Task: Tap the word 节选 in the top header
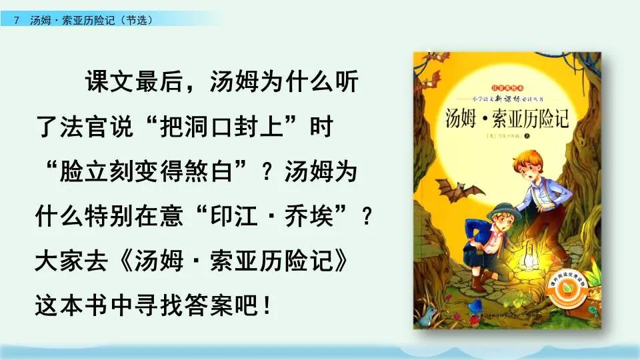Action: coord(137,20)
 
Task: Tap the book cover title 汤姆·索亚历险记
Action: coord(509,118)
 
